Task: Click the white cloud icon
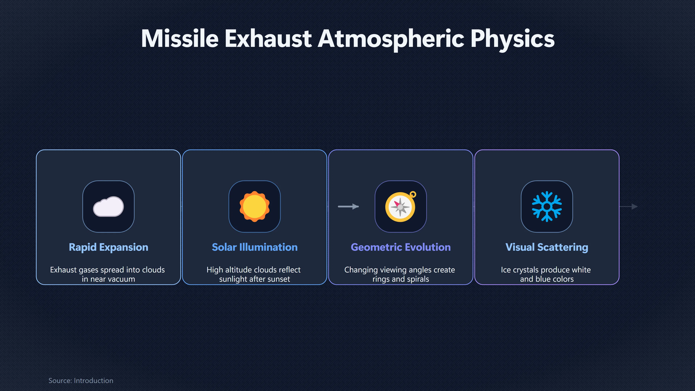108,206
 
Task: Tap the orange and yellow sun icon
254,206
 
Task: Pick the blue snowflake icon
547,206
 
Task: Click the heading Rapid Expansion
108,247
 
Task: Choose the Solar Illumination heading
255,247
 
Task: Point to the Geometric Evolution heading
401,247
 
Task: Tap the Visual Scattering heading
547,247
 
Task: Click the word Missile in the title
180,39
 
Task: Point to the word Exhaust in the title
268,39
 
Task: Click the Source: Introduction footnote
81,381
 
